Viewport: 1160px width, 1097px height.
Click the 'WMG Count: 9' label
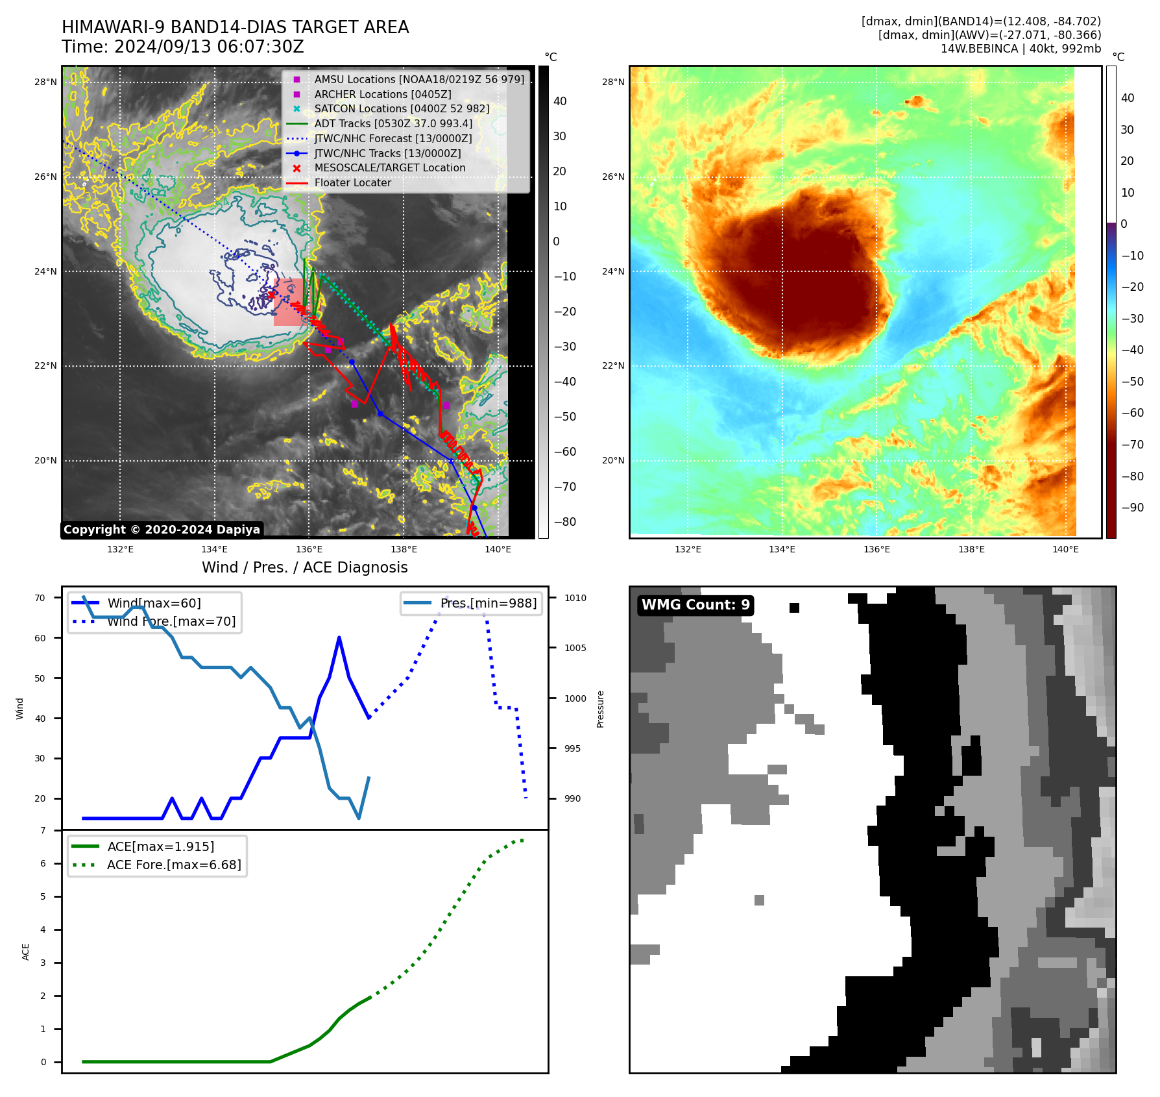pyautogui.click(x=695, y=605)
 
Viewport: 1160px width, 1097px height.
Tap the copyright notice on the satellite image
pyautogui.click(x=162, y=530)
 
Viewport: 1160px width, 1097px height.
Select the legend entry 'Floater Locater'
pyautogui.click(x=352, y=183)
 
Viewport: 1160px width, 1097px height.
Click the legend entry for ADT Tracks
pyautogui.click(x=393, y=123)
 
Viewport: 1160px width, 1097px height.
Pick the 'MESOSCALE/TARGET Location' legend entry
pyautogui.click(x=389, y=168)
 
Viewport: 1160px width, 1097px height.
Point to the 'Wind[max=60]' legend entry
pyautogui.click(x=154, y=603)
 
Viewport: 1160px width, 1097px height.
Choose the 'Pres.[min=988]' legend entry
pyautogui.click(x=488, y=603)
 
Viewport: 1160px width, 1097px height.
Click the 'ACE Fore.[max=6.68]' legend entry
pyautogui.click(x=173, y=865)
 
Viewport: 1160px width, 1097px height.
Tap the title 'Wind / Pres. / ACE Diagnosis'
pyautogui.click(x=304, y=567)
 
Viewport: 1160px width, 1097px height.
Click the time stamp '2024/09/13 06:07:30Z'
pyautogui.click(x=209, y=47)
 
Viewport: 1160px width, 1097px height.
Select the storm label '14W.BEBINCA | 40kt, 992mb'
pyautogui.click(x=1021, y=49)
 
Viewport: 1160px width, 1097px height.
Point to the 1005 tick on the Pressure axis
pyautogui.click(x=575, y=648)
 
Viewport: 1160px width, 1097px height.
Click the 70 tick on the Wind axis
pyautogui.click(x=40, y=598)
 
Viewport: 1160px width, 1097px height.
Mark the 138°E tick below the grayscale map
pyautogui.click(x=404, y=549)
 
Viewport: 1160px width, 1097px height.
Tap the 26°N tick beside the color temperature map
pyautogui.click(x=613, y=177)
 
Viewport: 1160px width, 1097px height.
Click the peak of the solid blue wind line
pyautogui.click(x=339, y=637)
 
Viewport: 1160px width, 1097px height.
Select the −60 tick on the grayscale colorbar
pyautogui.click(x=564, y=452)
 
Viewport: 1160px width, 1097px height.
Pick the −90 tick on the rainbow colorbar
pyautogui.click(x=1132, y=508)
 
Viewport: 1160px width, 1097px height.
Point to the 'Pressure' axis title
pyautogui.click(x=601, y=708)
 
